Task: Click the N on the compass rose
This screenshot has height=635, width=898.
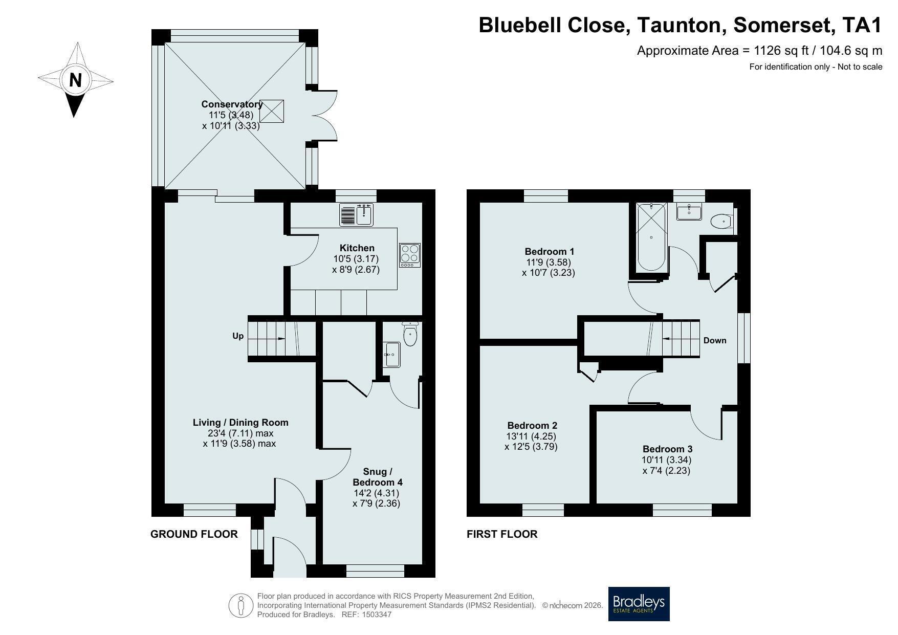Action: tap(76, 80)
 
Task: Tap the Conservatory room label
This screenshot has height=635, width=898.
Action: tap(232, 104)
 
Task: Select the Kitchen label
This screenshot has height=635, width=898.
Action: tap(357, 248)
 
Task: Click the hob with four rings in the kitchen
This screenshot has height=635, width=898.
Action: tap(410, 255)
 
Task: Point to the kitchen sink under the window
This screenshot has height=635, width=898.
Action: tap(357, 214)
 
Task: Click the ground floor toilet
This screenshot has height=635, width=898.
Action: tap(410, 334)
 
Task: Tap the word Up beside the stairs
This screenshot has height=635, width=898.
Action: tap(238, 336)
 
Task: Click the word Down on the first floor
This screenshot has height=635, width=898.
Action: tap(715, 340)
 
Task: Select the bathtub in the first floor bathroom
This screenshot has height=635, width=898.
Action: tap(651, 237)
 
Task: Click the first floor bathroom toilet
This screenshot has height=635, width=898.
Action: tap(722, 221)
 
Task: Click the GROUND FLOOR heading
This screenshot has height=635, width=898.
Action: tap(194, 534)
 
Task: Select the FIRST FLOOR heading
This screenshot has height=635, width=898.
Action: tap(502, 534)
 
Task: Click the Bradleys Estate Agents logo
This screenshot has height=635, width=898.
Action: tap(639, 604)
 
